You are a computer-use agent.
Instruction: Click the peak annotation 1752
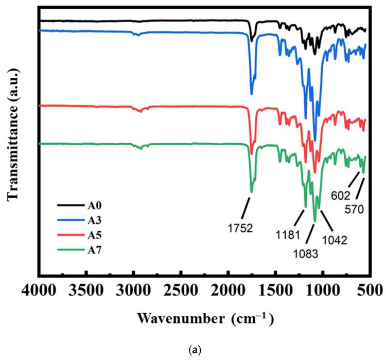[241, 227]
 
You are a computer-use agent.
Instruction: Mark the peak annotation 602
[340, 195]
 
